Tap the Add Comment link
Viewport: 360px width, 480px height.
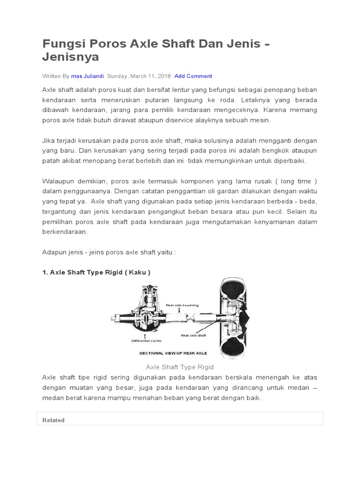193,76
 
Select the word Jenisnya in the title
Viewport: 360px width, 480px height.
71,57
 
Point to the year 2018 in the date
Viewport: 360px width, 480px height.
164,76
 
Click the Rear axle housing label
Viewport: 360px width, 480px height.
182,306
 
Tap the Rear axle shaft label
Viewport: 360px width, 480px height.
194,336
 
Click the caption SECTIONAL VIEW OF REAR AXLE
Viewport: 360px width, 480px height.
173,353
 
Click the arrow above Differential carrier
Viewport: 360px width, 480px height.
145,336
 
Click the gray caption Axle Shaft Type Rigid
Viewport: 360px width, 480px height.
180,367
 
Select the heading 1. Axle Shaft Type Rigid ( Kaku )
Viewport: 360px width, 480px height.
96,272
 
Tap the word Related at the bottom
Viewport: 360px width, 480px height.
53,420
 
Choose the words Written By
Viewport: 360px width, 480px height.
56,76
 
